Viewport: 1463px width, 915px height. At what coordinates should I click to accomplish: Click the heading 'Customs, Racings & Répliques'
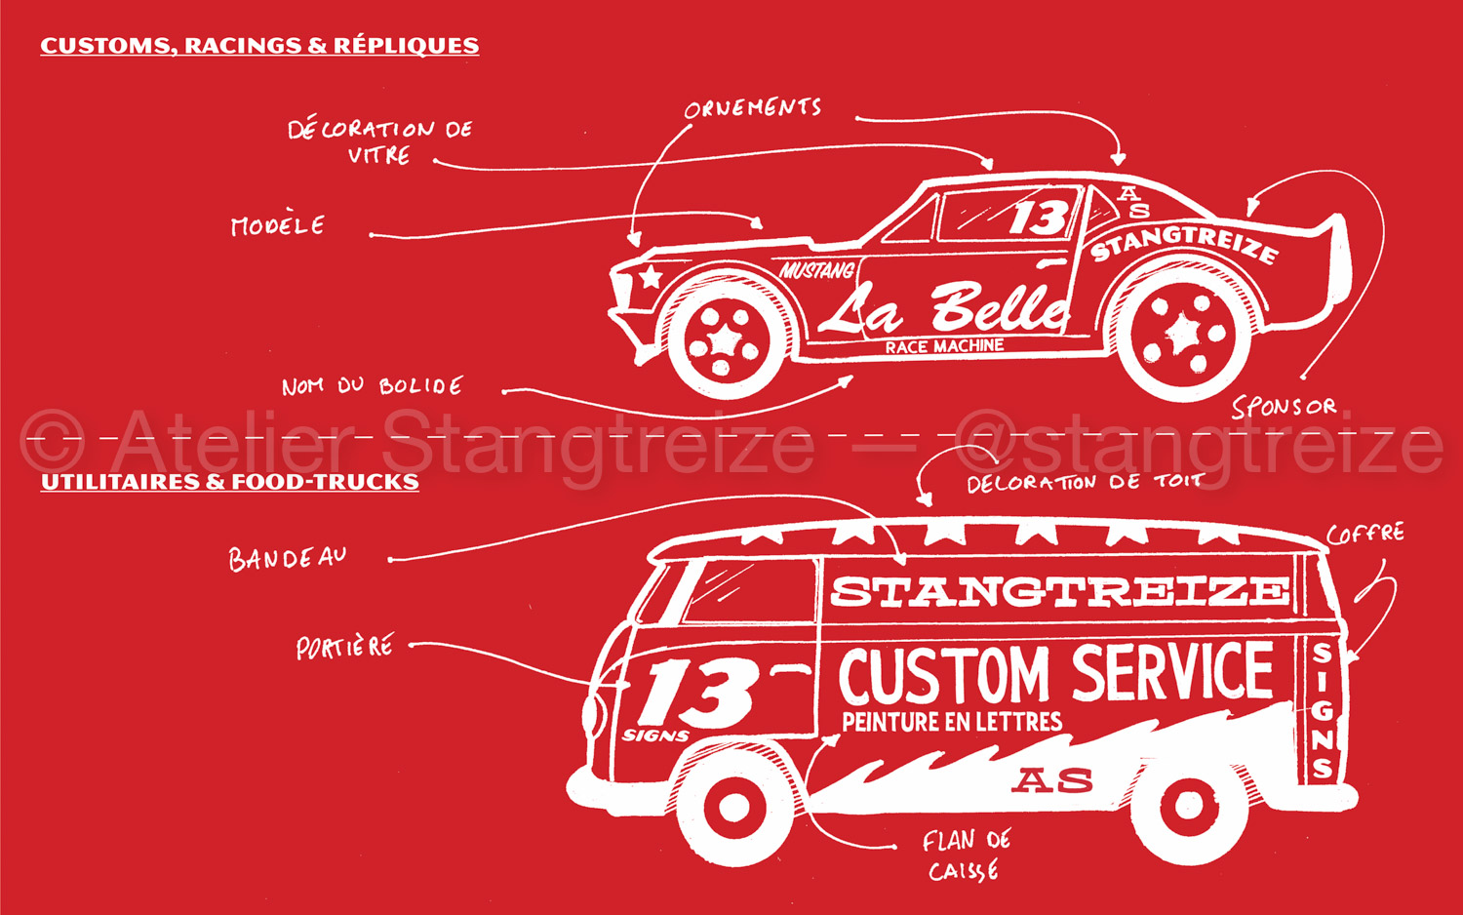tap(259, 46)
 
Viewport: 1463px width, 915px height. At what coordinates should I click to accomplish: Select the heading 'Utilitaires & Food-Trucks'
tap(230, 482)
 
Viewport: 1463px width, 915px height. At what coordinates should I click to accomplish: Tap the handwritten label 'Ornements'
tap(752, 108)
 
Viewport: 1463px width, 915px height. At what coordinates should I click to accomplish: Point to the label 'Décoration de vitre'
tap(379, 141)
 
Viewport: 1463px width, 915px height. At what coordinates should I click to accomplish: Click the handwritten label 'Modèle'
tap(278, 226)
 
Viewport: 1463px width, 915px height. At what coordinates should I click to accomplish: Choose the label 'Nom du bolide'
tap(372, 386)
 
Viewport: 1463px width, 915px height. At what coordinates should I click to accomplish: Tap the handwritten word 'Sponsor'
tap(1284, 407)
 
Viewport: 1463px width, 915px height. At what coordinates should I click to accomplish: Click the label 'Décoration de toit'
tap(1083, 482)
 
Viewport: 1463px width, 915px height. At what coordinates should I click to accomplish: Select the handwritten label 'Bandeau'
tap(288, 558)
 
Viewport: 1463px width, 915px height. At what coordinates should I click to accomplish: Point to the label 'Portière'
tap(345, 647)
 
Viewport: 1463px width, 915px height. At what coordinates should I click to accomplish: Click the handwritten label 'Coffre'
tap(1365, 534)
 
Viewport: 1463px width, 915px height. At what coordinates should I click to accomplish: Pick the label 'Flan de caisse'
tap(966, 855)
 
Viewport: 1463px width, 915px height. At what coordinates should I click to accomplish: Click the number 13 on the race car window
tap(1038, 217)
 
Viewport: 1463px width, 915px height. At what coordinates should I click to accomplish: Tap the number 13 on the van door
tap(698, 694)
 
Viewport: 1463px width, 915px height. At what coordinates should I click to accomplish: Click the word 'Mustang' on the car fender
tap(817, 270)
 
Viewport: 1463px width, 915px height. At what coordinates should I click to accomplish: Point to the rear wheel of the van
tap(1189, 806)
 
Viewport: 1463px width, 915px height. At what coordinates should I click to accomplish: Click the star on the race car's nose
tap(649, 277)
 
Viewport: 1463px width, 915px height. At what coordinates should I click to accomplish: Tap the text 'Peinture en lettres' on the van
tap(952, 722)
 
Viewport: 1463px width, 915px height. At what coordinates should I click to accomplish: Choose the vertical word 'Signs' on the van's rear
tap(1323, 709)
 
